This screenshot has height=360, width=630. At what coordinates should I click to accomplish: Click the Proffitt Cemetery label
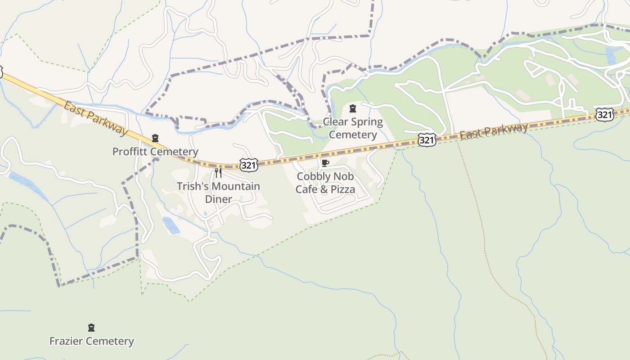click(x=155, y=152)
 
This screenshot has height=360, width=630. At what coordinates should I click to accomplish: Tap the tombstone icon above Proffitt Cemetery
click(x=155, y=138)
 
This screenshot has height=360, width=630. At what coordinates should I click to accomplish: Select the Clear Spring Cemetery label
click(x=353, y=128)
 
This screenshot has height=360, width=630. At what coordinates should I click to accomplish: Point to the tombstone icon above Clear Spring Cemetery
click(x=353, y=108)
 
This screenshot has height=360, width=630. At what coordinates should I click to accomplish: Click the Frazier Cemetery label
click(x=91, y=341)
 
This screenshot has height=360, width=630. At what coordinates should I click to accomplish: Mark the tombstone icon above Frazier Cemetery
click(x=91, y=327)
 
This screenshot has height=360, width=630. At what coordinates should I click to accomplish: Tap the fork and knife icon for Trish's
click(x=218, y=172)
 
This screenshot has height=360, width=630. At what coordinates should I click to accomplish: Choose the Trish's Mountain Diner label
click(x=218, y=193)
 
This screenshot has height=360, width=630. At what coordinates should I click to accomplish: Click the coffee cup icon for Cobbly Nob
click(x=325, y=163)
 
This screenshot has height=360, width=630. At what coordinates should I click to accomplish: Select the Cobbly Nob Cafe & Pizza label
click(x=325, y=183)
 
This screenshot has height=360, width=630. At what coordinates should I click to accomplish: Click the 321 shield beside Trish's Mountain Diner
click(x=248, y=165)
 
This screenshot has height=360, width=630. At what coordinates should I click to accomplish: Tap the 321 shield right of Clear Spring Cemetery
click(x=426, y=140)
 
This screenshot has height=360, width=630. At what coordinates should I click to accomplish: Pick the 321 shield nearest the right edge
click(x=604, y=115)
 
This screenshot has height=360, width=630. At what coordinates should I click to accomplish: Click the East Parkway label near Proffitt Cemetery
click(x=95, y=118)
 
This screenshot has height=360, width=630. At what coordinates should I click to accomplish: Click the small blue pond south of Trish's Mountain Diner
click(x=171, y=225)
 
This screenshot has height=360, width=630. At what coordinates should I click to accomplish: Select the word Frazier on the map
click(x=66, y=341)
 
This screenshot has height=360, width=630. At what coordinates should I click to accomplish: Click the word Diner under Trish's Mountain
click(x=218, y=199)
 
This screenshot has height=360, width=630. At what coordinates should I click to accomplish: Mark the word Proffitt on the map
click(x=129, y=152)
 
